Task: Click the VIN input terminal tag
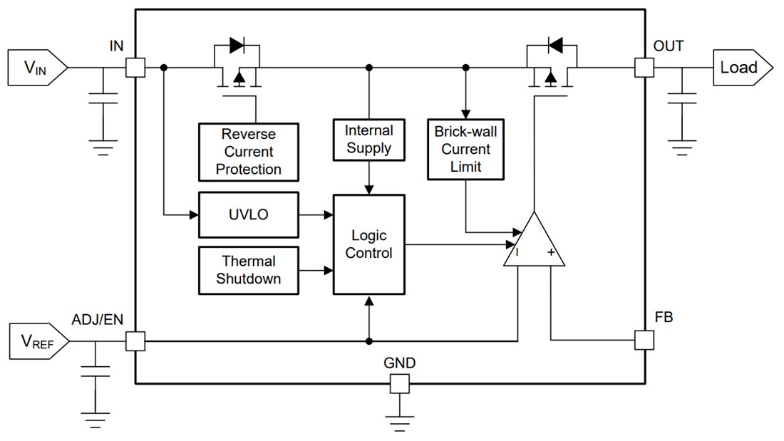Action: [x=36, y=68]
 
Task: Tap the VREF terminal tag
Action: [x=38, y=342]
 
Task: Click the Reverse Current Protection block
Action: [x=249, y=152]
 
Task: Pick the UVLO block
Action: [x=249, y=214]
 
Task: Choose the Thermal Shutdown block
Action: [x=249, y=270]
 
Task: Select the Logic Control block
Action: [x=368, y=244]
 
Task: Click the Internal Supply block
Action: [x=368, y=140]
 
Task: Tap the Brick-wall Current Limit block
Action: [x=465, y=149]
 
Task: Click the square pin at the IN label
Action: [x=135, y=68]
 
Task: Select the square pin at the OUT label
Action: [x=644, y=68]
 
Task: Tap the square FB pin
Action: [x=644, y=340]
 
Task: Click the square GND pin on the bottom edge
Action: [x=400, y=384]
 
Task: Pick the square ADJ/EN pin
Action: [x=135, y=341]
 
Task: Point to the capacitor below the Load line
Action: [x=682, y=97]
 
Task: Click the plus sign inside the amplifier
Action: [x=550, y=252]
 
